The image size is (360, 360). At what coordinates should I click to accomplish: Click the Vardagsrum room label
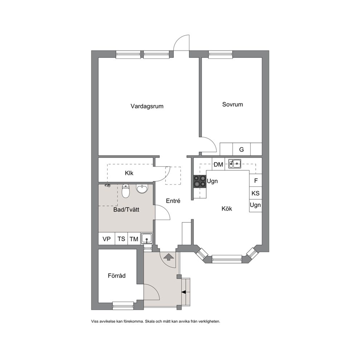[147, 106]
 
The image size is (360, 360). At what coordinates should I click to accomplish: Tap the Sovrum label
[232, 105]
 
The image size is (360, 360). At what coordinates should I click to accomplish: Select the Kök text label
[226, 209]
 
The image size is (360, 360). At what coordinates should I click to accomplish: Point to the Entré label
[173, 201]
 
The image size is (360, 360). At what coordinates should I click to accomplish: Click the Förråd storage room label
[116, 275]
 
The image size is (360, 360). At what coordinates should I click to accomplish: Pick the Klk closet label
[129, 173]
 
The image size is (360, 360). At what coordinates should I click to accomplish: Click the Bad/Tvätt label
[126, 210]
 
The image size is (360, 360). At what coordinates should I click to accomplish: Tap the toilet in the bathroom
[126, 191]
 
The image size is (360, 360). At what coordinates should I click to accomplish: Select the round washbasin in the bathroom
[142, 189]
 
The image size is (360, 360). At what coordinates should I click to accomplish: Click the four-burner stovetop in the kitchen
[200, 181]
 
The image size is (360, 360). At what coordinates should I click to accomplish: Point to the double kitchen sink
[235, 164]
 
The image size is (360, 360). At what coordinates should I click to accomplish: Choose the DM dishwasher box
[218, 164]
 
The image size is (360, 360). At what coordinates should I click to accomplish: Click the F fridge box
[256, 181]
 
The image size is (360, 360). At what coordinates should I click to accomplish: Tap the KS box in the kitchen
[255, 193]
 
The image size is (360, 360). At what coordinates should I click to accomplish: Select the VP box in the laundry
[107, 239]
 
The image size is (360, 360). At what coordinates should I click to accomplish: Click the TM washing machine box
[134, 239]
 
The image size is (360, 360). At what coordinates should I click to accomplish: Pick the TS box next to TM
[121, 239]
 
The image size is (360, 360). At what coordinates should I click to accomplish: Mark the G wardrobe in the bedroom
[242, 149]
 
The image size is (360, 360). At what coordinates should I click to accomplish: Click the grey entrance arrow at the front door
[169, 257]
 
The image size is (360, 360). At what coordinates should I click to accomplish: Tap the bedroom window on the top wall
[221, 54]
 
